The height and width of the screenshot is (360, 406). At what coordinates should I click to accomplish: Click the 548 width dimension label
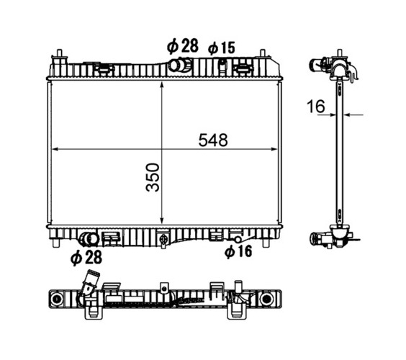pos(213,140)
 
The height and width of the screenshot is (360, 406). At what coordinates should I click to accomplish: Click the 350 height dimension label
pos(153,177)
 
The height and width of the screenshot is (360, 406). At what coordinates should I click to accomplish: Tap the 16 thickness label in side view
pos(315,106)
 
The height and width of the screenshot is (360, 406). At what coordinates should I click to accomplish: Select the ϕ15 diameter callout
pos(222,48)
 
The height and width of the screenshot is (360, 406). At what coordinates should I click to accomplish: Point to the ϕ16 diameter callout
pos(238,251)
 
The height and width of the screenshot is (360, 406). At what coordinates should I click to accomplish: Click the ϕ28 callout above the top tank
pos(183,46)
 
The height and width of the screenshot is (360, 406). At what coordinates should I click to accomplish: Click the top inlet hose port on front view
pos(181,65)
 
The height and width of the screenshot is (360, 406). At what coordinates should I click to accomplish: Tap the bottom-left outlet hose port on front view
pos(89,239)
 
